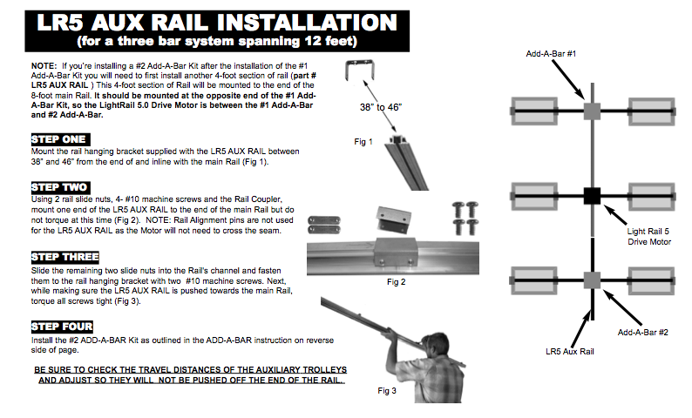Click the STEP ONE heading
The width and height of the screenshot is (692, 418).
pyautogui.click(x=59, y=139)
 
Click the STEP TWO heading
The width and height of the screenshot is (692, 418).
pyautogui.click(x=59, y=187)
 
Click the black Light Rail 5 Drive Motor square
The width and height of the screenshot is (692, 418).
pyautogui.click(x=593, y=195)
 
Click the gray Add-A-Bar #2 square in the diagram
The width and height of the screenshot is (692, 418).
pyautogui.click(x=593, y=279)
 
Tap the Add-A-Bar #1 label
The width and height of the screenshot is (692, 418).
pyautogui.click(x=551, y=54)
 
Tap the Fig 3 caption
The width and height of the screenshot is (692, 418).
pyautogui.click(x=388, y=390)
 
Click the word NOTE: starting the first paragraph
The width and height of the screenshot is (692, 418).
pyautogui.click(x=43, y=66)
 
